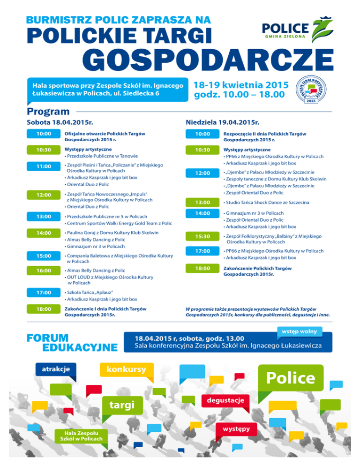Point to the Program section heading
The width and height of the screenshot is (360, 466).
click(48, 112)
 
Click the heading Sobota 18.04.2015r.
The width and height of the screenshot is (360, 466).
click(57, 122)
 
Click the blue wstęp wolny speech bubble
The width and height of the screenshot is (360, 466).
click(299, 331)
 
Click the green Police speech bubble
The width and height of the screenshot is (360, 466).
click(291, 378)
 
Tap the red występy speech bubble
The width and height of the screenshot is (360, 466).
click(236, 428)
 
